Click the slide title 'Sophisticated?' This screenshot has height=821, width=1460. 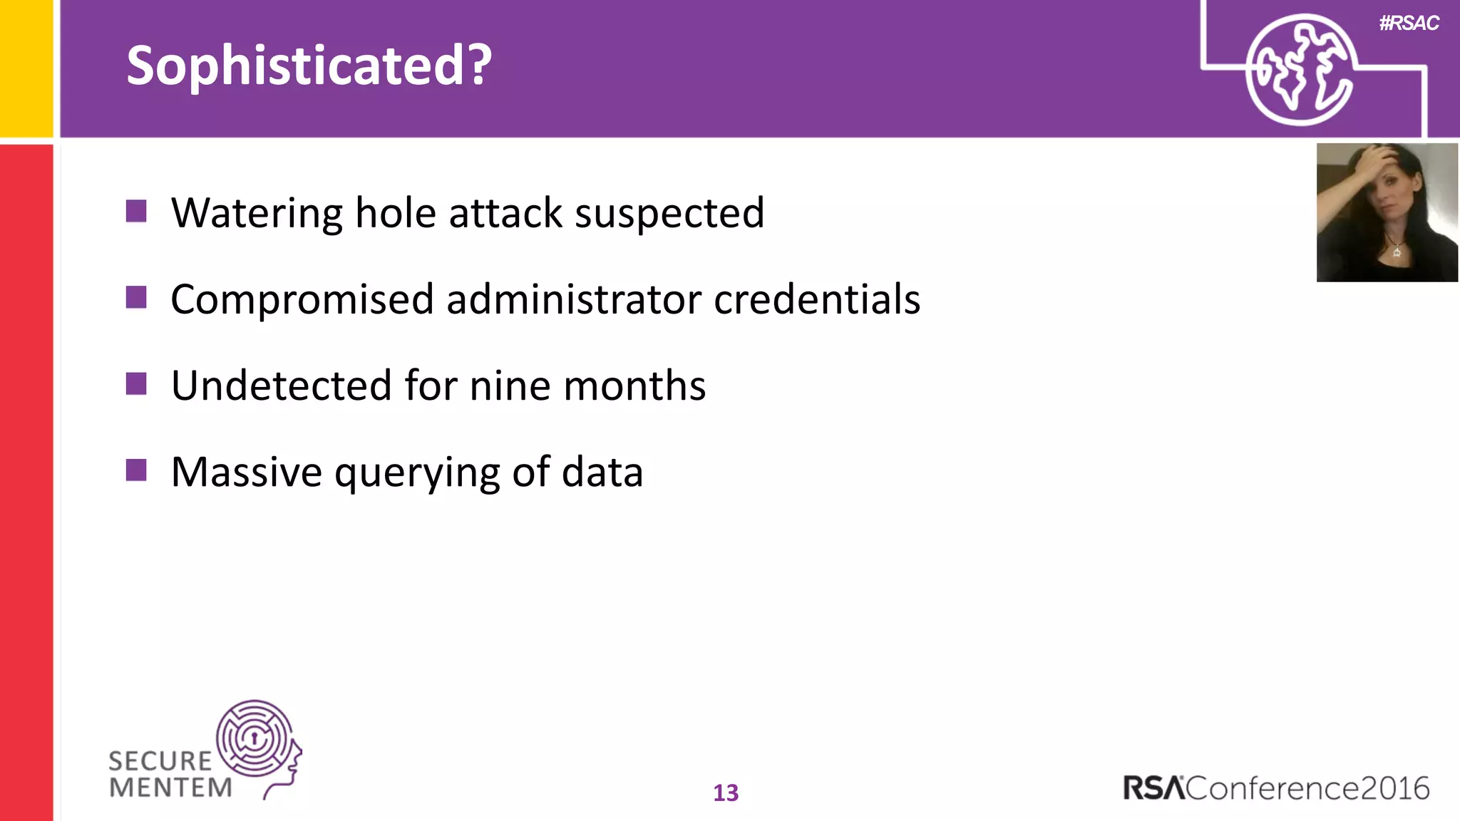click(x=309, y=66)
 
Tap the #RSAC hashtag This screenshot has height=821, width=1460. click(x=1409, y=24)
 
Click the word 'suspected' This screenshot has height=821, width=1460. click(x=669, y=214)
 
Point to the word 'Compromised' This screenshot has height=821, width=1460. click(x=302, y=299)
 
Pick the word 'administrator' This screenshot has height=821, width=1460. click(x=573, y=299)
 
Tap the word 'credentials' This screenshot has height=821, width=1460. click(x=817, y=299)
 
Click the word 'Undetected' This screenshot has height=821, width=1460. click(x=282, y=386)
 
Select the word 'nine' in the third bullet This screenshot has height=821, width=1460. click(x=510, y=386)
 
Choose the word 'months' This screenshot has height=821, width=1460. click(x=634, y=386)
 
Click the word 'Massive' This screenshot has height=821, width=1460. click(x=247, y=472)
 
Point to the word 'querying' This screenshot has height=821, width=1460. click(x=417, y=473)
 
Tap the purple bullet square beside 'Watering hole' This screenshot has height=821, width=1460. click(x=136, y=212)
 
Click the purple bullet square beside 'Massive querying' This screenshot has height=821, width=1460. click(x=136, y=470)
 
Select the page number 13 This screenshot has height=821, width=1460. click(x=726, y=793)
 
